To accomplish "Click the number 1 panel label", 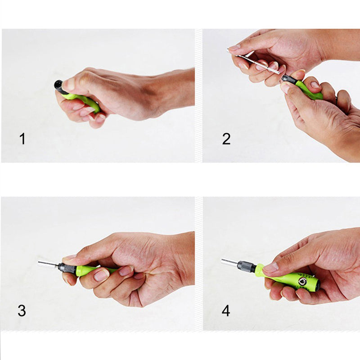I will (22, 139).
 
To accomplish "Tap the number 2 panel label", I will (226, 139).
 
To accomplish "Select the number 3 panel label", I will (22, 310).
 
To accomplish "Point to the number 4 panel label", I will (226, 310).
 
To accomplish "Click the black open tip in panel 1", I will (58, 84).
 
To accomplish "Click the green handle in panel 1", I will (85, 102).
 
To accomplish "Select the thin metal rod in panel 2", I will (259, 64).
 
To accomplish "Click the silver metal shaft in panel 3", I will (47, 264).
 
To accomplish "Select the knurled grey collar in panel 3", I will (67, 269).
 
